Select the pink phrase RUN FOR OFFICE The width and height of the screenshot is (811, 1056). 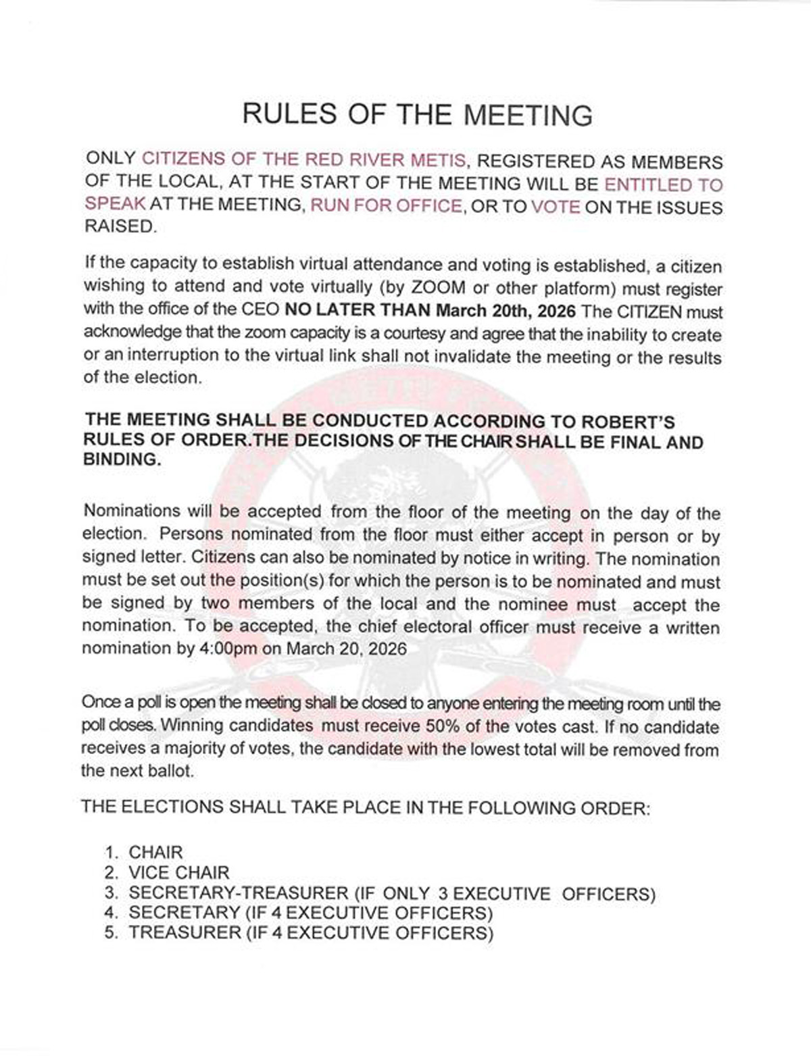pyautogui.click(x=386, y=205)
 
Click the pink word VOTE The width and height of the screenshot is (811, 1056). pyautogui.click(x=556, y=206)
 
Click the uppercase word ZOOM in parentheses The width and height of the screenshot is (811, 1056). pyautogui.click(x=438, y=286)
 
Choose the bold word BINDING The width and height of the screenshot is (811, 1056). pyautogui.click(x=122, y=460)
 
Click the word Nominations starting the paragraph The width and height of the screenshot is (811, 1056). pyautogui.click(x=131, y=511)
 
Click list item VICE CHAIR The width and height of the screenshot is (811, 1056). pyautogui.click(x=179, y=872)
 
